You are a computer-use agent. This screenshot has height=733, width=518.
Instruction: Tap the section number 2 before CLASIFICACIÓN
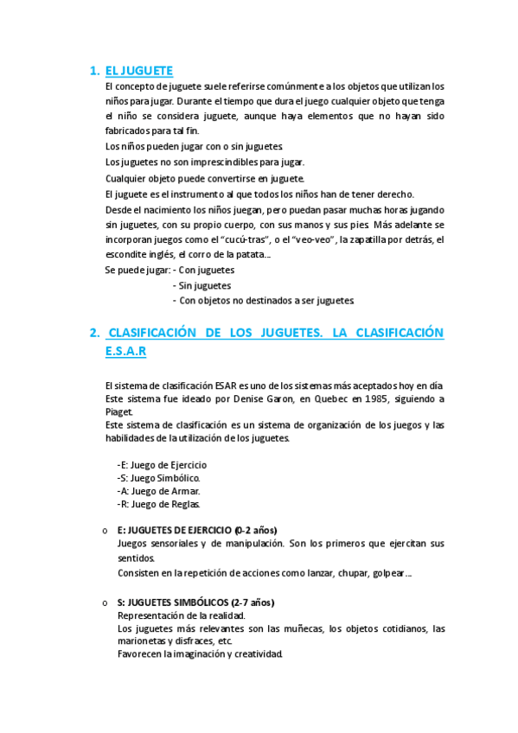coord(93,334)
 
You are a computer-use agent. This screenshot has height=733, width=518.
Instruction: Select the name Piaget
coord(118,411)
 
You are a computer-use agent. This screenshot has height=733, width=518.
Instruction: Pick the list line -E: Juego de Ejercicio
coord(162,464)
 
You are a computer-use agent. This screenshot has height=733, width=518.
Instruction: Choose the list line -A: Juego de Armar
coord(158,490)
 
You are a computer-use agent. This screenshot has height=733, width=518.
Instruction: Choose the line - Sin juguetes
coord(201,285)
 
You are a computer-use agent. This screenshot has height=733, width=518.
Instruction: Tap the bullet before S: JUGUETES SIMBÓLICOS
coord(104,602)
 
